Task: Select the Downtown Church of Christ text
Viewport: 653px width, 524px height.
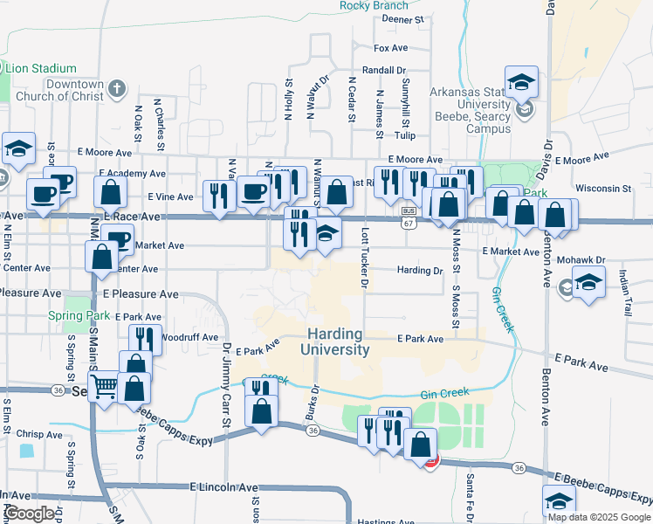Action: pos(60,90)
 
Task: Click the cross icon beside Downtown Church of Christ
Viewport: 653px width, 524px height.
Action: pos(117,88)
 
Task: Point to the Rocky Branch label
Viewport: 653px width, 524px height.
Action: pos(374,6)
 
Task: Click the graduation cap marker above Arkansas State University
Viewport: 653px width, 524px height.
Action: pos(521,83)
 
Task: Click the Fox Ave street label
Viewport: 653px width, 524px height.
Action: pos(391,48)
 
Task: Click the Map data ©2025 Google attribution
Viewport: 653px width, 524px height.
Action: pos(598,517)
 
